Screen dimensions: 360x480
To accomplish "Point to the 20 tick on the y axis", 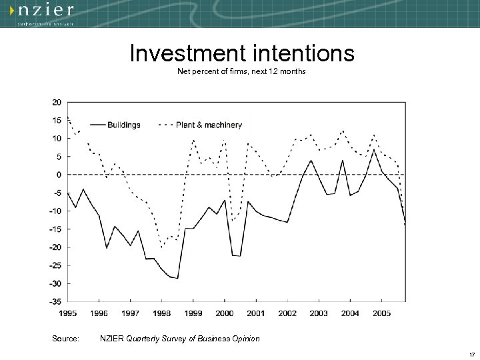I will pos(57,102).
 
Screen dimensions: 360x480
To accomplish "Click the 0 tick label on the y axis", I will pos(59,175).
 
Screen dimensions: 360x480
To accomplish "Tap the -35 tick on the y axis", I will pos(56,301).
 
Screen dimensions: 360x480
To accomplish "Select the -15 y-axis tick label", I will pos(56,229).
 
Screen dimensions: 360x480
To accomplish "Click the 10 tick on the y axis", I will pos(57,139).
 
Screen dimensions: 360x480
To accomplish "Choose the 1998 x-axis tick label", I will pos(161,313).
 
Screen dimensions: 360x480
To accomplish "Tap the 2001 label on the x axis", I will pos(256,313).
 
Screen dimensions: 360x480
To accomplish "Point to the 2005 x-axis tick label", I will pos(381,313).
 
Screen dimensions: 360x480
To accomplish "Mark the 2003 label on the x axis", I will pos(319,313).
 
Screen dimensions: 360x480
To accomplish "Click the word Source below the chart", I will pos(65,339).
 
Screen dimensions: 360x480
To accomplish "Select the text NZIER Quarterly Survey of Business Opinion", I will pos(179,339).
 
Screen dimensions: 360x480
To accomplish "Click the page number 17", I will pos(471,353).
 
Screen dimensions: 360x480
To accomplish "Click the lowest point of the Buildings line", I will pos(177,278).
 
